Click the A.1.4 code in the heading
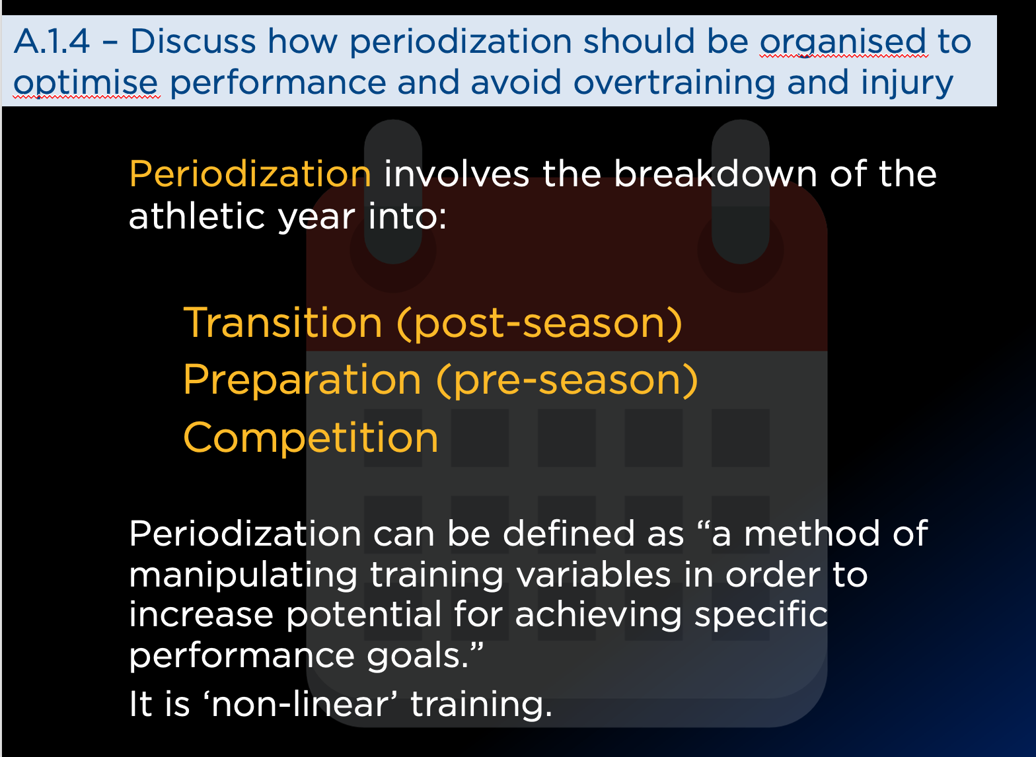coord(52,42)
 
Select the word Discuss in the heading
coord(193,42)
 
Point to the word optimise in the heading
coord(86,84)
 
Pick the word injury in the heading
coord(907,84)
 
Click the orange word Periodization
coord(250,174)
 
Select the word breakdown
coord(716,174)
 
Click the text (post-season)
coord(539,324)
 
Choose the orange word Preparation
coord(303,380)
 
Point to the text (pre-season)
coord(567,380)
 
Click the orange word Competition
coord(311,437)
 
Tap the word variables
coord(593,575)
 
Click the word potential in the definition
coord(364,616)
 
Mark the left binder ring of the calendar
coord(392,192)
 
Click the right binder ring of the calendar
coord(741,192)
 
